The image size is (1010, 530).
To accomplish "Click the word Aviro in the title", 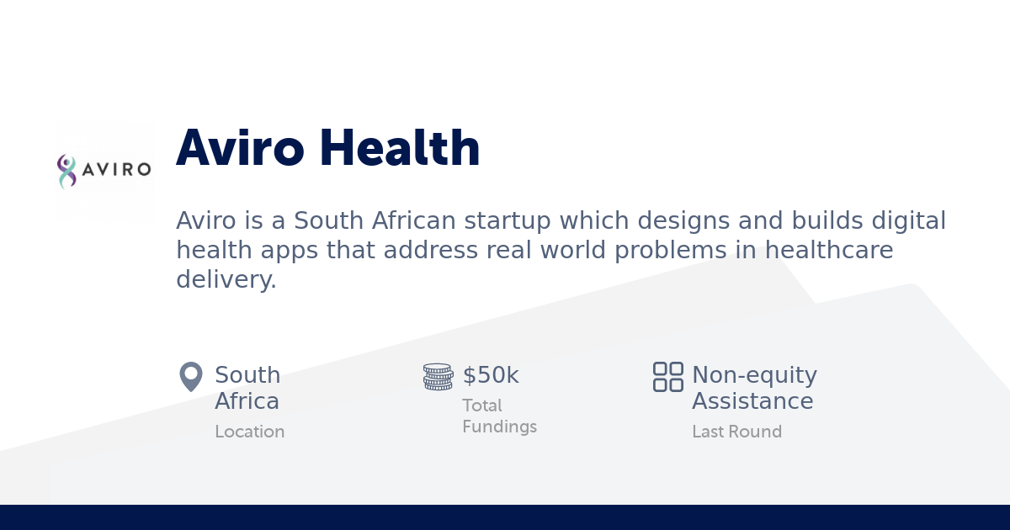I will pos(241,148).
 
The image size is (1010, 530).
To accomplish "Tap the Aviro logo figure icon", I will pos(66,171).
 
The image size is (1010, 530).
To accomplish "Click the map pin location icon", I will pos(191,377).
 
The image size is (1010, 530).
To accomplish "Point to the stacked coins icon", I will pos(438,377).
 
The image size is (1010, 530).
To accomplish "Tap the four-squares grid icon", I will pos(668,377).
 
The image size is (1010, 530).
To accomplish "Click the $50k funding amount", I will pos(491,375).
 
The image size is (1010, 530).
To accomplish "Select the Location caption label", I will pos(250,432).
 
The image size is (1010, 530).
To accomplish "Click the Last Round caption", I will pos(736,432).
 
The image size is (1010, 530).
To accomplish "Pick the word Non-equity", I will pos(754,375).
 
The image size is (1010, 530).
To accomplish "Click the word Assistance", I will pos(752,401).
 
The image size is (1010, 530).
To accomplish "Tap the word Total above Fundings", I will pos(482,405).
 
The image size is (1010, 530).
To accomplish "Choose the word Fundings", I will pos(499,427).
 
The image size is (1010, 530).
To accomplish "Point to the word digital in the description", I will pos(905,221).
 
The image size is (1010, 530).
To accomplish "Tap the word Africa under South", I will pos(247,401).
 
